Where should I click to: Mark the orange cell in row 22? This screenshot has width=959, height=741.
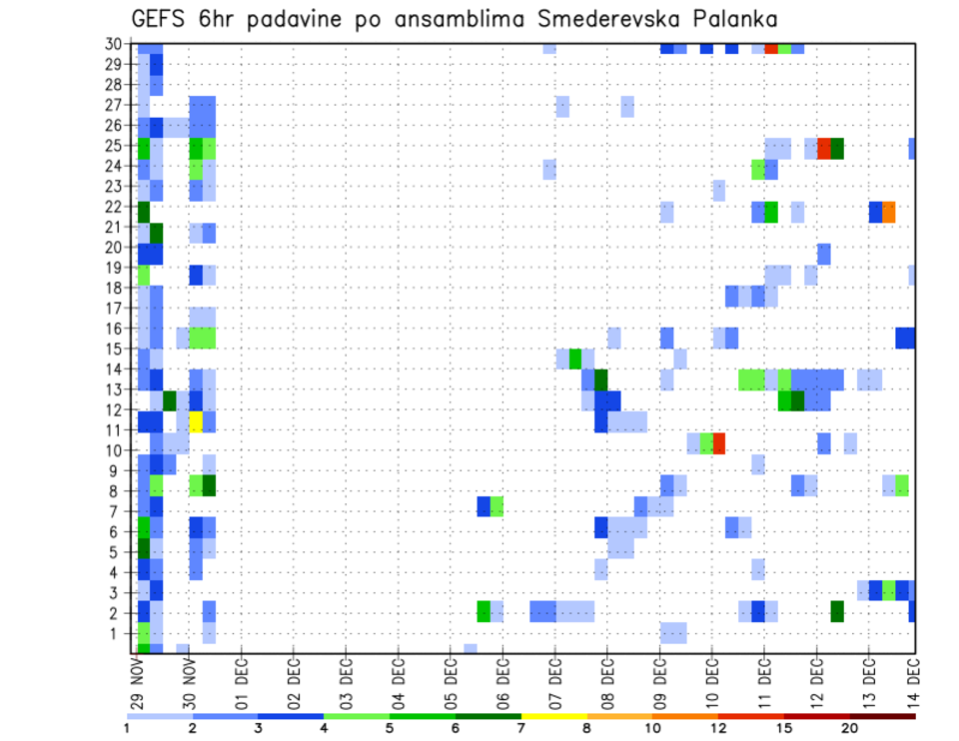889,212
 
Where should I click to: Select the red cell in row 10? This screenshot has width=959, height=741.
719,442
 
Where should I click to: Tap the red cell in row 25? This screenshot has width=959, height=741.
824,148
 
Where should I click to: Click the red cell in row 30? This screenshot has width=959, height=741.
771,47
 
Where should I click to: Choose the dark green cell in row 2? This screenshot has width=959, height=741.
837,611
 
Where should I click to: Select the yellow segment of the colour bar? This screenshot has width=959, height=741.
554,716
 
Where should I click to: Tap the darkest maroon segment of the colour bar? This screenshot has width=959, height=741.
883,716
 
